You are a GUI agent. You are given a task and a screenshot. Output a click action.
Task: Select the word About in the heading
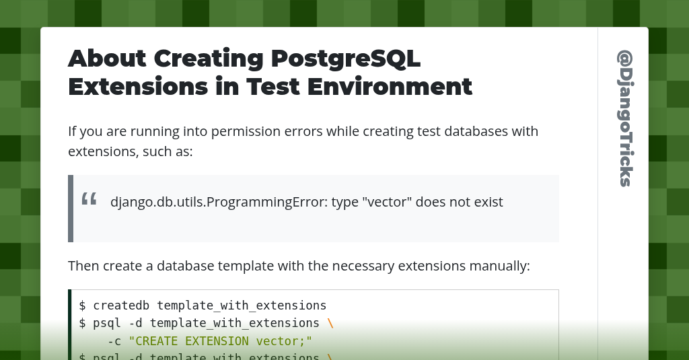(x=106, y=59)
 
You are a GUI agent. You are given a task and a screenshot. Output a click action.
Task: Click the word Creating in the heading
(x=207, y=59)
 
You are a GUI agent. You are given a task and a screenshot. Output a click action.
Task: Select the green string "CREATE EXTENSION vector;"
(x=221, y=341)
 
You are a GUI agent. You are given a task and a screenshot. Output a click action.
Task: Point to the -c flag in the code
(x=114, y=341)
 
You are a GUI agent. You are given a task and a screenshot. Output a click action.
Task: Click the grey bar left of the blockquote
(x=71, y=209)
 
